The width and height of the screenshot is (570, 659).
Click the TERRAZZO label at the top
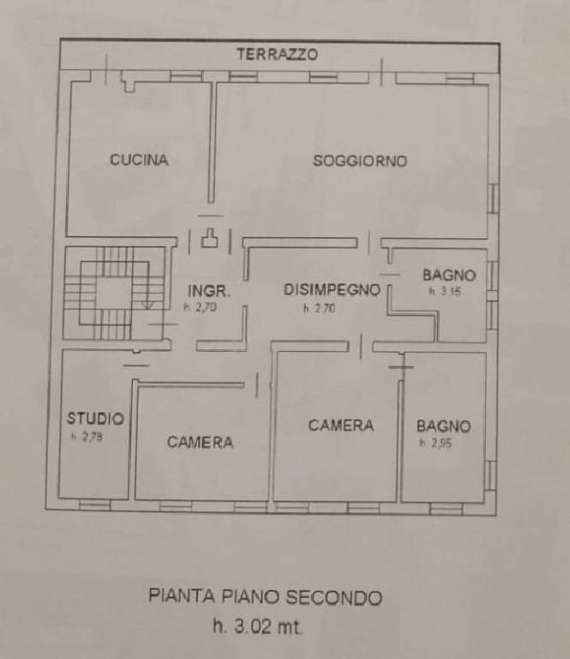tap(277, 54)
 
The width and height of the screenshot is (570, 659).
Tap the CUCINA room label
tap(139, 160)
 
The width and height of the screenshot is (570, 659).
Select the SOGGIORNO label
tap(359, 160)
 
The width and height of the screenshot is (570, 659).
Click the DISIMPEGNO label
tap(331, 290)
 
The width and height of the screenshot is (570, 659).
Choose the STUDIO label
tap(95, 419)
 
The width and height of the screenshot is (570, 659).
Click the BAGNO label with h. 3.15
tap(448, 275)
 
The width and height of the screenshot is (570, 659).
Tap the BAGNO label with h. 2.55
tap(443, 426)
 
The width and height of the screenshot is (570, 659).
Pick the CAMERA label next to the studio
tap(200, 442)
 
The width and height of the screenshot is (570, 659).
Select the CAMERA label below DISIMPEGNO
tap(341, 425)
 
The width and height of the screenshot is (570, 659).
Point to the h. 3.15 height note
tap(441, 292)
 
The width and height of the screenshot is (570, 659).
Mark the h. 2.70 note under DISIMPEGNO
tap(319, 307)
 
